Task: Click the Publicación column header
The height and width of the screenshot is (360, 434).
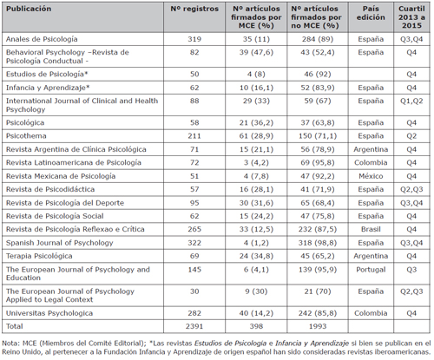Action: (x=29, y=9)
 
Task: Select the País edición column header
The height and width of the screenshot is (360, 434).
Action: (x=371, y=13)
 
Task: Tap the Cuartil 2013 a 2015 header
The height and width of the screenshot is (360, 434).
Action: (x=411, y=17)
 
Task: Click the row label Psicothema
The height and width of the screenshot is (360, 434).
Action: (x=26, y=136)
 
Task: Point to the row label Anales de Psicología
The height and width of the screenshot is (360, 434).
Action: (x=42, y=39)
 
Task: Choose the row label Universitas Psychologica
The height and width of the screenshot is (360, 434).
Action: (x=49, y=313)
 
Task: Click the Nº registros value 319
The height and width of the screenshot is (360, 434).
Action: (x=194, y=39)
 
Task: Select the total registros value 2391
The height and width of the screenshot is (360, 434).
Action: (x=194, y=326)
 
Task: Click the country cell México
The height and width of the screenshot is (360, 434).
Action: (x=371, y=176)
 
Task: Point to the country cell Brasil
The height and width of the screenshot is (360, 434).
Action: (x=371, y=229)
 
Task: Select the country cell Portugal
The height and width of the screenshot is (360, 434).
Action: (x=371, y=270)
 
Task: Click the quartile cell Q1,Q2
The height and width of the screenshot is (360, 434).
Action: (x=411, y=101)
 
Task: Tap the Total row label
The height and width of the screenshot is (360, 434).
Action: (x=15, y=326)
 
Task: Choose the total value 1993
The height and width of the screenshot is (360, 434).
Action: (x=318, y=326)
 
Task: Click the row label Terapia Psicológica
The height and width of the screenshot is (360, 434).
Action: (x=39, y=256)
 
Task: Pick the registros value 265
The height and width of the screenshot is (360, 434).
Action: (x=194, y=229)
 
